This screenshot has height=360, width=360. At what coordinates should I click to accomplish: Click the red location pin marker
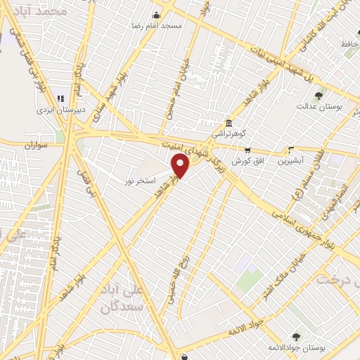181,167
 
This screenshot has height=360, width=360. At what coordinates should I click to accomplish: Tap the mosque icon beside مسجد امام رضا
156,15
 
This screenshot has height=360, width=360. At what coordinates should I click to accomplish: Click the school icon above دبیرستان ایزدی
60,98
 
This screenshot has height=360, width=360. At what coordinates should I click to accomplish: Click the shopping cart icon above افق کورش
247,150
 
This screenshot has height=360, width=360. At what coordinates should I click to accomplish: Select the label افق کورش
247,160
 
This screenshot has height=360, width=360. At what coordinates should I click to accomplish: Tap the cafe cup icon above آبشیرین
291,150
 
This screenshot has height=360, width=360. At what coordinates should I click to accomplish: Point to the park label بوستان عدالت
319,106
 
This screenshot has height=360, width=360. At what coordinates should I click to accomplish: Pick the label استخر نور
139,181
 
